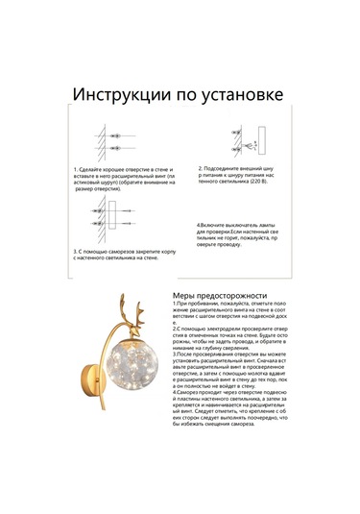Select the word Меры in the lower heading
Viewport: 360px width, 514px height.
[188, 296]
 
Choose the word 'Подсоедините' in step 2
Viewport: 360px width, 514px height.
[228, 167]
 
